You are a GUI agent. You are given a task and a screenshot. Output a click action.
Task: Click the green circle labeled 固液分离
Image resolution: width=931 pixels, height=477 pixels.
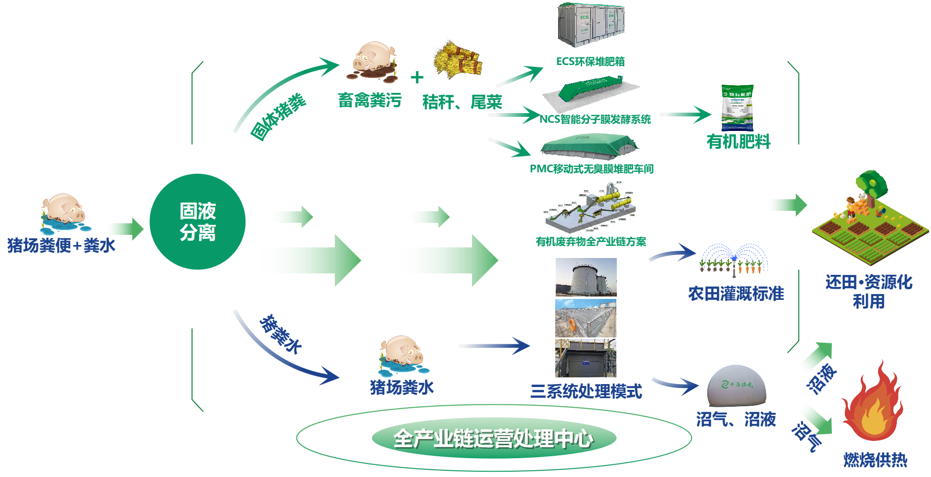[x=198, y=222]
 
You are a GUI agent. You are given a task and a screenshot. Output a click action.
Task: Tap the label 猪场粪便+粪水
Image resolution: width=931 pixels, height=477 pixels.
[x=61, y=245]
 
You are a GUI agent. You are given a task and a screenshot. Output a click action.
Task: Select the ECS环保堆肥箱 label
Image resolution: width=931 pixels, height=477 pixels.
[x=590, y=62]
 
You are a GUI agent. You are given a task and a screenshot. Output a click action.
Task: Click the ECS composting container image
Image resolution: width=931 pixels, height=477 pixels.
[x=591, y=26]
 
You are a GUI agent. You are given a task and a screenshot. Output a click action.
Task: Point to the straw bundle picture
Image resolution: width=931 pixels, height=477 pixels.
[x=457, y=60]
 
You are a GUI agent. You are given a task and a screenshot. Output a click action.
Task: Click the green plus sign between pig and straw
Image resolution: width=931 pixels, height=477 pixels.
[x=417, y=77]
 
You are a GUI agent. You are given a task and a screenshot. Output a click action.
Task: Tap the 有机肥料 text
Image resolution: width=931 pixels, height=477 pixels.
[x=738, y=142]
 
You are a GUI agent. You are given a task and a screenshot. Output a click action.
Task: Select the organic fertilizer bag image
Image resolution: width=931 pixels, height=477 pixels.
[x=737, y=107]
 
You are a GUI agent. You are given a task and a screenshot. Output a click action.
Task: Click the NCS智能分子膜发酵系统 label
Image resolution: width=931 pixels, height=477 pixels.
[x=595, y=119]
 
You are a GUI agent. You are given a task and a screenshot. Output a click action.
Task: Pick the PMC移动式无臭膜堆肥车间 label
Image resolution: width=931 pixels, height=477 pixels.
[x=591, y=169]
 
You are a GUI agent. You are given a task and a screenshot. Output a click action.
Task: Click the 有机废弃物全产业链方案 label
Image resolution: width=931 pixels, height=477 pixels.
[x=591, y=242]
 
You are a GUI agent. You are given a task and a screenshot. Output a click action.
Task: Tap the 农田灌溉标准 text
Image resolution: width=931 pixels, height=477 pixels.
[x=736, y=294]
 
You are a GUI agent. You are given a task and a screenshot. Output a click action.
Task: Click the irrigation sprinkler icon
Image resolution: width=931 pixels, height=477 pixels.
[x=734, y=260]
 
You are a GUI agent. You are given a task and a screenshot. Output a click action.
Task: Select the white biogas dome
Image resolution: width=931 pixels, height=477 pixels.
[x=736, y=386]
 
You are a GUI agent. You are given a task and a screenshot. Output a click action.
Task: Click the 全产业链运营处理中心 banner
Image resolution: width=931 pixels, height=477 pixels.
[x=494, y=438]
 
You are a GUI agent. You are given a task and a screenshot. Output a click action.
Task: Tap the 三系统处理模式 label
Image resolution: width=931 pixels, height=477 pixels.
[x=586, y=391]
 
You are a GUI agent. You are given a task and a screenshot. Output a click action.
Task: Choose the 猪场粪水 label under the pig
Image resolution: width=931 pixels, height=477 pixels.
[x=401, y=387]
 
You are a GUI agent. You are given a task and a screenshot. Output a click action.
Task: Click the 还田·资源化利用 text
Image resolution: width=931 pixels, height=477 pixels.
[x=868, y=292]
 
